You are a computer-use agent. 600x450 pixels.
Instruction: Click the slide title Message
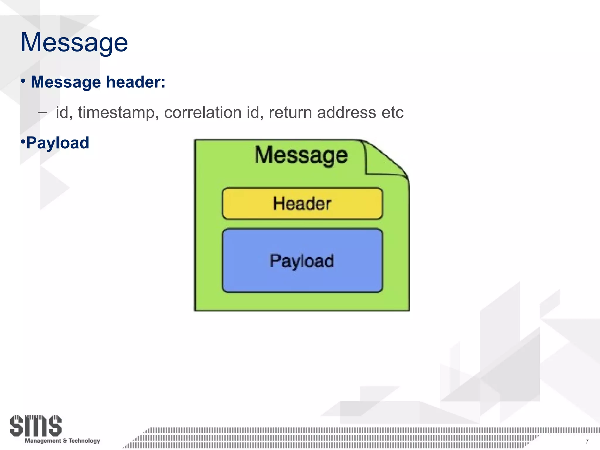coord(74,42)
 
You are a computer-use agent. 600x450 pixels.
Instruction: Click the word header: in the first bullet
coord(136,82)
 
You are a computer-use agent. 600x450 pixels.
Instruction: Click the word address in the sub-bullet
coord(346,112)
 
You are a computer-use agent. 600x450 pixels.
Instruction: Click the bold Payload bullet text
coord(57,143)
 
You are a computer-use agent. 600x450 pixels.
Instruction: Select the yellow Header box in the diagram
coord(302,204)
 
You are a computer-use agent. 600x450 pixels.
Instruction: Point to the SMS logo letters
coord(35,426)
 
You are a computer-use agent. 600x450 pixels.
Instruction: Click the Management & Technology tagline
coord(62,441)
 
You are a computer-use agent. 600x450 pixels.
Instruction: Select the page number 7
coord(587,441)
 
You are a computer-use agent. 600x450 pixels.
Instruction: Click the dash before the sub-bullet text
coord(42,112)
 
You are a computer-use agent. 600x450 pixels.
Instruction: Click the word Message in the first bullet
coord(66,82)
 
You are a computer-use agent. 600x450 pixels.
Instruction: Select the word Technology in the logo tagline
coord(84,441)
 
